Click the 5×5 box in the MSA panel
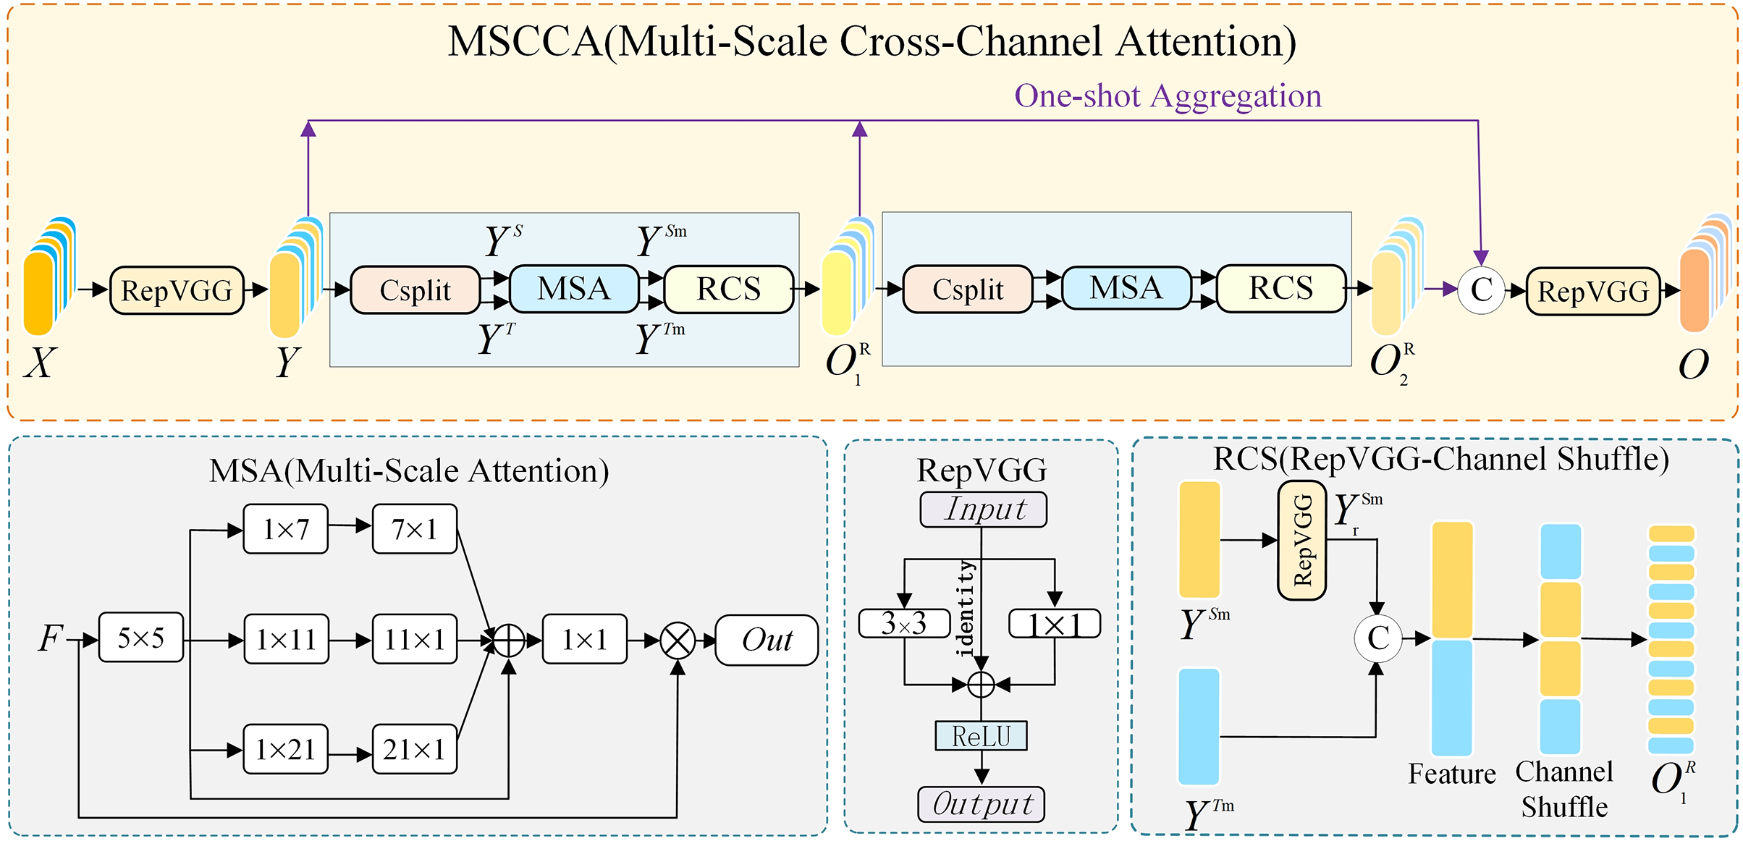[141, 638]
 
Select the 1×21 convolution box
[285, 750]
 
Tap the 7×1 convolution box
[415, 530]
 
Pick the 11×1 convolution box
[415, 640]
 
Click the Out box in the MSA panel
[767, 640]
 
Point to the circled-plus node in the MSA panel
[509, 641]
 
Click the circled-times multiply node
[678, 641]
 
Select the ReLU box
[981, 736]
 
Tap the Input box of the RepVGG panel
[983, 510]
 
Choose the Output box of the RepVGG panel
[981, 804]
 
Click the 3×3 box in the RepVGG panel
[904, 623]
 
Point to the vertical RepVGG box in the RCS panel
[1301, 541]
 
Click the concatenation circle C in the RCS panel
[1378, 638]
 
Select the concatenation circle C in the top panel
[1481, 290]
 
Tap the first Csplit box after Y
[415, 290]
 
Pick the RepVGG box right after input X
[177, 291]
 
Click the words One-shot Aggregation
[1168, 96]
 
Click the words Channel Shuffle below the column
[1564, 790]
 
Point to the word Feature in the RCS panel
[1451, 774]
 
